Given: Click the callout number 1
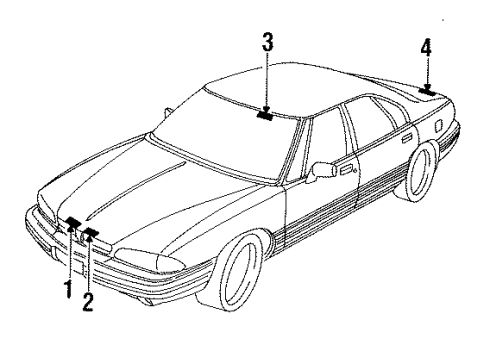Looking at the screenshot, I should coord(69,290).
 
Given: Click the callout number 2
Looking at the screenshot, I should coord(88,300).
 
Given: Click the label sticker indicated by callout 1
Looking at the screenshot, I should coord(73,222).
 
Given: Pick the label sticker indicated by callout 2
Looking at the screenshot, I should coord(91,234).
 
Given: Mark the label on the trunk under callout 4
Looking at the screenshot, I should coord(427,91).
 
